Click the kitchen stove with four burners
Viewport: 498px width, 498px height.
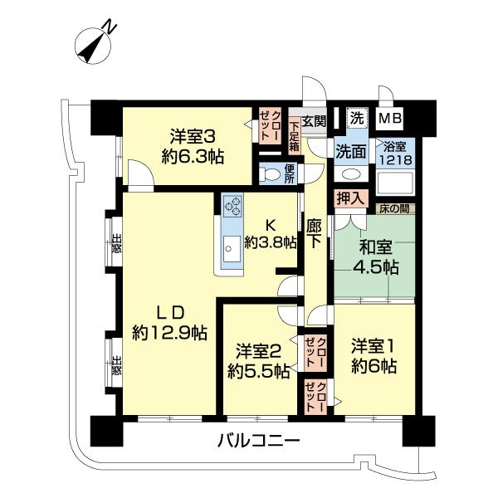pyautogui.click(x=232, y=206)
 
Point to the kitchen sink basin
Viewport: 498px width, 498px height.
pyautogui.click(x=231, y=243)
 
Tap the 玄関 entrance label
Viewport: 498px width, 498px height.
pyautogui.click(x=314, y=120)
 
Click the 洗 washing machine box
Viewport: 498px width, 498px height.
pyautogui.click(x=355, y=118)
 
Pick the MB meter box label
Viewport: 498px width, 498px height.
pyautogui.click(x=390, y=119)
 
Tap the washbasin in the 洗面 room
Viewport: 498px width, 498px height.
pyautogui.click(x=350, y=175)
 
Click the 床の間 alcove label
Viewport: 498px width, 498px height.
pyautogui.click(x=393, y=208)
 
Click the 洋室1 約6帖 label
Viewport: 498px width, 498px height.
pyautogui.click(x=373, y=354)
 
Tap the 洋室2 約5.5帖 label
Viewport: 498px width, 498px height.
pyautogui.click(x=259, y=361)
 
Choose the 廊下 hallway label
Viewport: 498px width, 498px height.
pyautogui.click(x=314, y=233)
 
